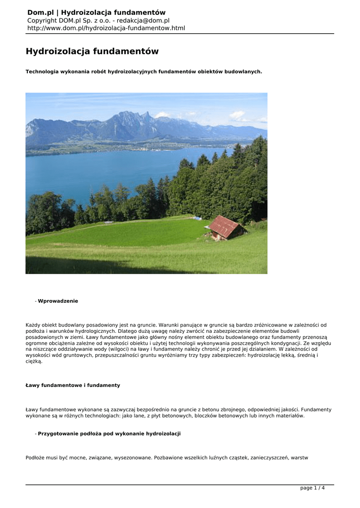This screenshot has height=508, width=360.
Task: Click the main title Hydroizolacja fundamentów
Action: point(92,52)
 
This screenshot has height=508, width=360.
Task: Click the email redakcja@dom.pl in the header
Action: point(143,20)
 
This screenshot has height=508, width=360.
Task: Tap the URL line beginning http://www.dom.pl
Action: point(106,28)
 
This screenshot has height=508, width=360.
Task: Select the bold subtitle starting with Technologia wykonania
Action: point(144,72)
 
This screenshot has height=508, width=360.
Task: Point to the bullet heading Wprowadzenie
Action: point(58,301)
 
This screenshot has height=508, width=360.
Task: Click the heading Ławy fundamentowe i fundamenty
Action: point(72,385)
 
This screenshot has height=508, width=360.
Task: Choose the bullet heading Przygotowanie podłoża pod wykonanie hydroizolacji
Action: point(109,434)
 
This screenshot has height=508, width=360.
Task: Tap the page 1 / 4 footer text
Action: point(312,488)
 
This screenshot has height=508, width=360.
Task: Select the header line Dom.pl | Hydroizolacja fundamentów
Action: point(96,12)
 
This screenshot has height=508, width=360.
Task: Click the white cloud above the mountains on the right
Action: point(237,115)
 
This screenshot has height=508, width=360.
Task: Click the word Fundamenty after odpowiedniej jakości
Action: point(316,409)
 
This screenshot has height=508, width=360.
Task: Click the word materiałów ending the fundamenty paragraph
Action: point(288,416)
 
